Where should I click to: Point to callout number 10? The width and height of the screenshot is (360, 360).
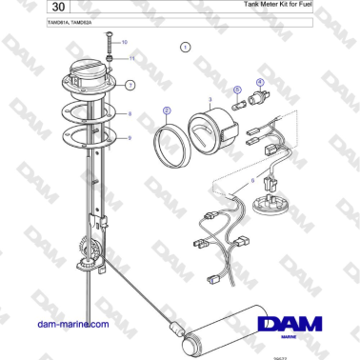[x=124, y=43]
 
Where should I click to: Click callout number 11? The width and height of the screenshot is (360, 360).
[x=132, y=58]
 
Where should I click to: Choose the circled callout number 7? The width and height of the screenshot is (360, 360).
[x=130, y=85]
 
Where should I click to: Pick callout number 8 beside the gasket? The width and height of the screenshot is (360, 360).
[x=130, y=113]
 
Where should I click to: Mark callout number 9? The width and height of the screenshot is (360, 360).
[x=130, y=137]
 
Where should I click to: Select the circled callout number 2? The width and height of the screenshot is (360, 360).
[x=167, y=110]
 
